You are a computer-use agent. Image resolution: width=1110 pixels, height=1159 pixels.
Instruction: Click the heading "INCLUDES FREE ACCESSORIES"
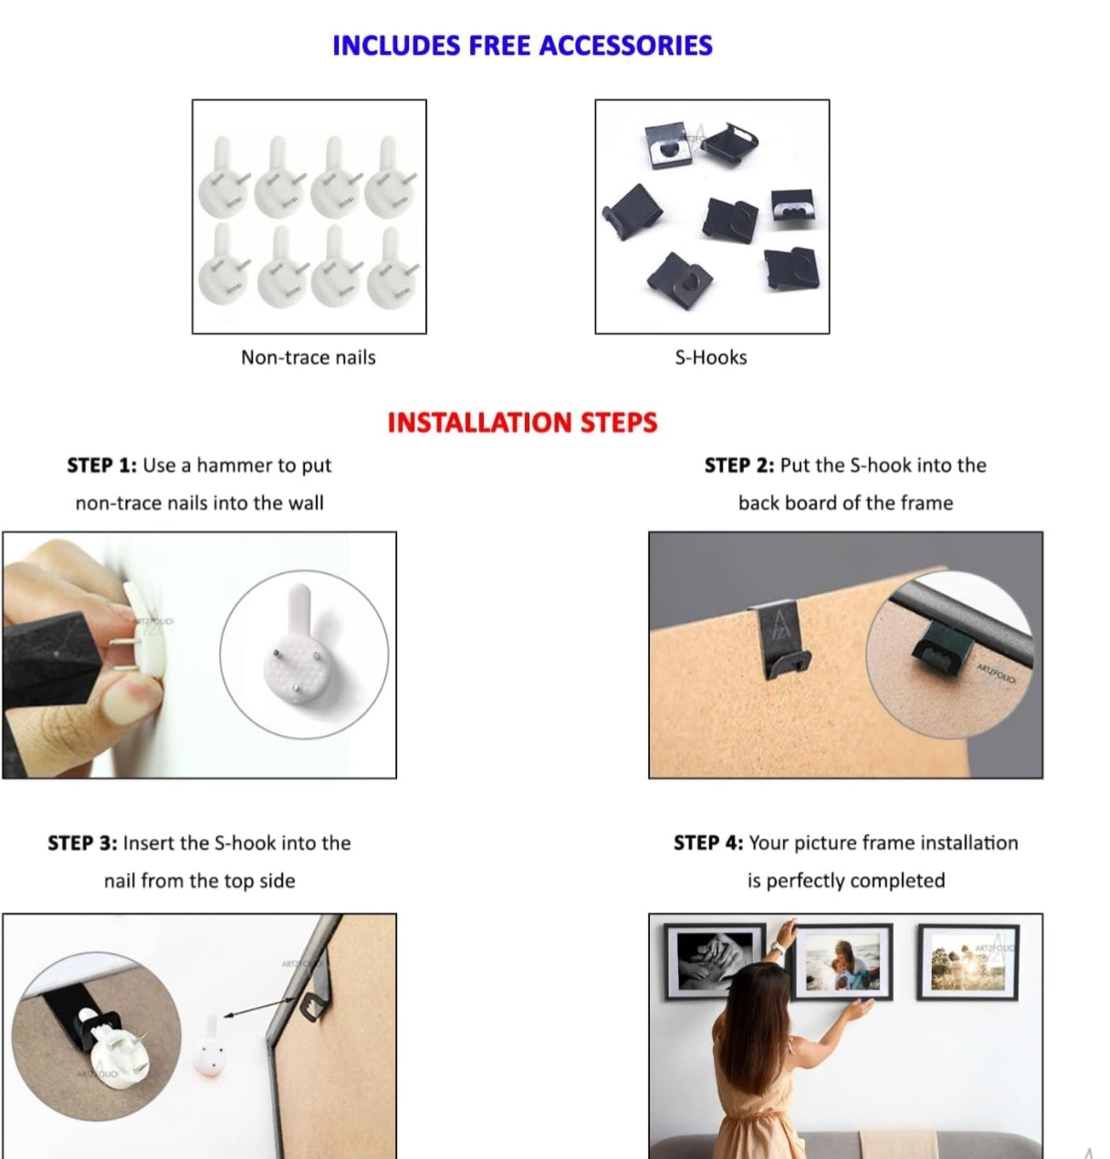[x=522, y=46]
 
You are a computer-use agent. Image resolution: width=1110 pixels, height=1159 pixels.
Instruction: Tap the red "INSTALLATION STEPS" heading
[x=522, y=423]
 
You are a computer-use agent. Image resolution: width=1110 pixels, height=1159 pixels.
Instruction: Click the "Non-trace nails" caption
[x=308, y=358]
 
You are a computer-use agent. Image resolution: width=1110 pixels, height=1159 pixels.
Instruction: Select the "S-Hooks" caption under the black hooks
[x=711, y=358]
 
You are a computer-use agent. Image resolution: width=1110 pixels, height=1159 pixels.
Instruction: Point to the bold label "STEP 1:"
[x=102, y=465]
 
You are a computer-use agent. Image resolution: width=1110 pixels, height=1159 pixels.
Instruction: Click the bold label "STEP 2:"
[x=739, y=465]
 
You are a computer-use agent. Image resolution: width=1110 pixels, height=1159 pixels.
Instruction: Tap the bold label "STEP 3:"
[x=83, y=842]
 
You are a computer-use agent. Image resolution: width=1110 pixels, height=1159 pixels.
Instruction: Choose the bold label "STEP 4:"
[x=708, y=842]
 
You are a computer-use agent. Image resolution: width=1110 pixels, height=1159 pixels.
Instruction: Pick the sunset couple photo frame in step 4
[x=969, y=961]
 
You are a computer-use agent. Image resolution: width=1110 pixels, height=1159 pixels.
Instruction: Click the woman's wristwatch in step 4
[x=777, y=948]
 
